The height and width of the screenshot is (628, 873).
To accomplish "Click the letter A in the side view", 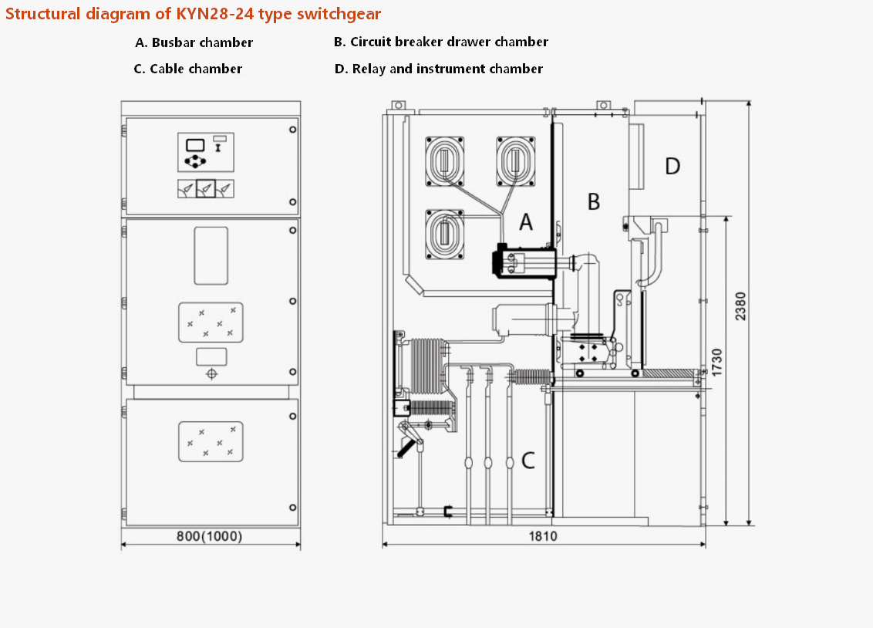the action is [526, 221].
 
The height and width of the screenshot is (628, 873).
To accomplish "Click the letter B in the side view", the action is [594, 201].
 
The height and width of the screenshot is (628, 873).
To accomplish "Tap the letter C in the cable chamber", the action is [528, 461].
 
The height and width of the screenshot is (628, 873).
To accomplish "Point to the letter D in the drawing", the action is [672, 166].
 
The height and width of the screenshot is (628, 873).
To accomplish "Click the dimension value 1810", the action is [543, 535].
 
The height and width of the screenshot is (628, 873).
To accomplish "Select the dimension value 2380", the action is [740, 306].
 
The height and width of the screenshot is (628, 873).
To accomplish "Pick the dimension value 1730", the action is [717, 362].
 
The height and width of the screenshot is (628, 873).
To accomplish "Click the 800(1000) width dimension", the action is [209, 536].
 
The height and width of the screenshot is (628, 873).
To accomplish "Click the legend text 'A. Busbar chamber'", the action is [194, 42].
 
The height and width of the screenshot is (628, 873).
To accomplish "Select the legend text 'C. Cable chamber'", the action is [188, 69].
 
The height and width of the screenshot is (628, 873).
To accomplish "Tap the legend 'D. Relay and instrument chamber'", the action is [439, 69].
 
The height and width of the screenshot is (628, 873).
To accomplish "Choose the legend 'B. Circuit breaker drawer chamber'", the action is [441, 42].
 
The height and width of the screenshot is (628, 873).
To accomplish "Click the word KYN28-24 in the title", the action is [214, 13].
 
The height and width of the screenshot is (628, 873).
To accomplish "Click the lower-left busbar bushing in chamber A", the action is [445, 235].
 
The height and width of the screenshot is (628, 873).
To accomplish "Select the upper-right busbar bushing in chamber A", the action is [516, 161].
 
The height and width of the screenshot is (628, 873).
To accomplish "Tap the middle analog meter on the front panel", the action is [205, 189].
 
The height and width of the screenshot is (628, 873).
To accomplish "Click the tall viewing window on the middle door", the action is [211, 255].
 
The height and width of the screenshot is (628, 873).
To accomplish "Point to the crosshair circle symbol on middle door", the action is [211, 373].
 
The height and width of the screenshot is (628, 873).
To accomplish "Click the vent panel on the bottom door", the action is [211, 441].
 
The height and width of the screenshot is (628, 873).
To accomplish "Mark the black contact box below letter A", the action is [524, 262].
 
